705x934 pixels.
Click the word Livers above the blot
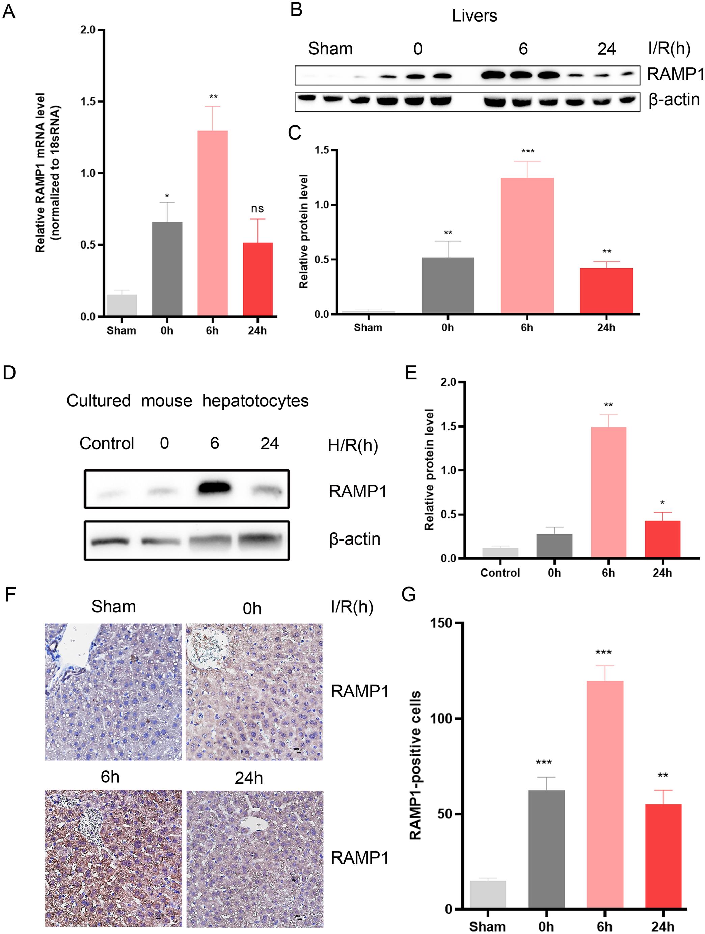point(474,16)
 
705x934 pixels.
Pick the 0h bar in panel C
point(448,286)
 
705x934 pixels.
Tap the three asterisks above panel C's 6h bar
point(527,151)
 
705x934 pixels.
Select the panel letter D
point(9,373)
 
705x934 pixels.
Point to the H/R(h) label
point(352,445)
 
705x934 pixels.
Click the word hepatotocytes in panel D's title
point(255,401)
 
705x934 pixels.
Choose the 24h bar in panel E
point(662,539)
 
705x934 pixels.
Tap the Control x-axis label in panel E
point(500,573)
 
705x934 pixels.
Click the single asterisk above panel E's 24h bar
point(662,503)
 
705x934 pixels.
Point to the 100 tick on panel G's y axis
point(440,718)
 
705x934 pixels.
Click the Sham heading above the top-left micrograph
point(114,607)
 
